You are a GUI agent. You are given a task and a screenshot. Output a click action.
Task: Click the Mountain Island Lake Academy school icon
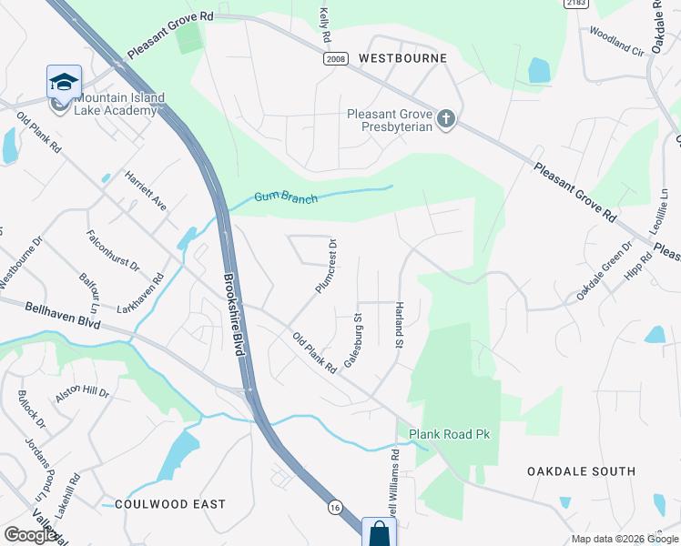coord(64,82)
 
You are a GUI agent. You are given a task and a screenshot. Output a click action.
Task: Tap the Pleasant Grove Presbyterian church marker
coord(446,119)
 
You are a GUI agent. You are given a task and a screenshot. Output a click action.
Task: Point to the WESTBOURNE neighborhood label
coord(402,58)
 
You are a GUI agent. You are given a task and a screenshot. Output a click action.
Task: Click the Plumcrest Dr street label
coord(326,266)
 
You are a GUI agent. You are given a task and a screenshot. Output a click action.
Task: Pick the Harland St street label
coord(399,325)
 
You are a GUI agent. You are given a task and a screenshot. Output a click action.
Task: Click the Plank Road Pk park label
coord(450,434)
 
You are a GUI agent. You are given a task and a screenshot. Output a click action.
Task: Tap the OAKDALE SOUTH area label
coord(582,471)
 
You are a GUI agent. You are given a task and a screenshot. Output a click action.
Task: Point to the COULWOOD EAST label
coord(164,504)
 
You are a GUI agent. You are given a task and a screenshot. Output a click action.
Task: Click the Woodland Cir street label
coord(616,42)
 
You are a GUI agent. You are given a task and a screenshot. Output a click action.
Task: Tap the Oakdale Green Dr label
coord(604,272)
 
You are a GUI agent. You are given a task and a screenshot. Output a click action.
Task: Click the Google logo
coord(31,535)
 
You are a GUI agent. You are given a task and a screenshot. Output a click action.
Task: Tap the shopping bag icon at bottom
coord(379,532)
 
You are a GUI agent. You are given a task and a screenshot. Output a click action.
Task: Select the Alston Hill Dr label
coord(82,393)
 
